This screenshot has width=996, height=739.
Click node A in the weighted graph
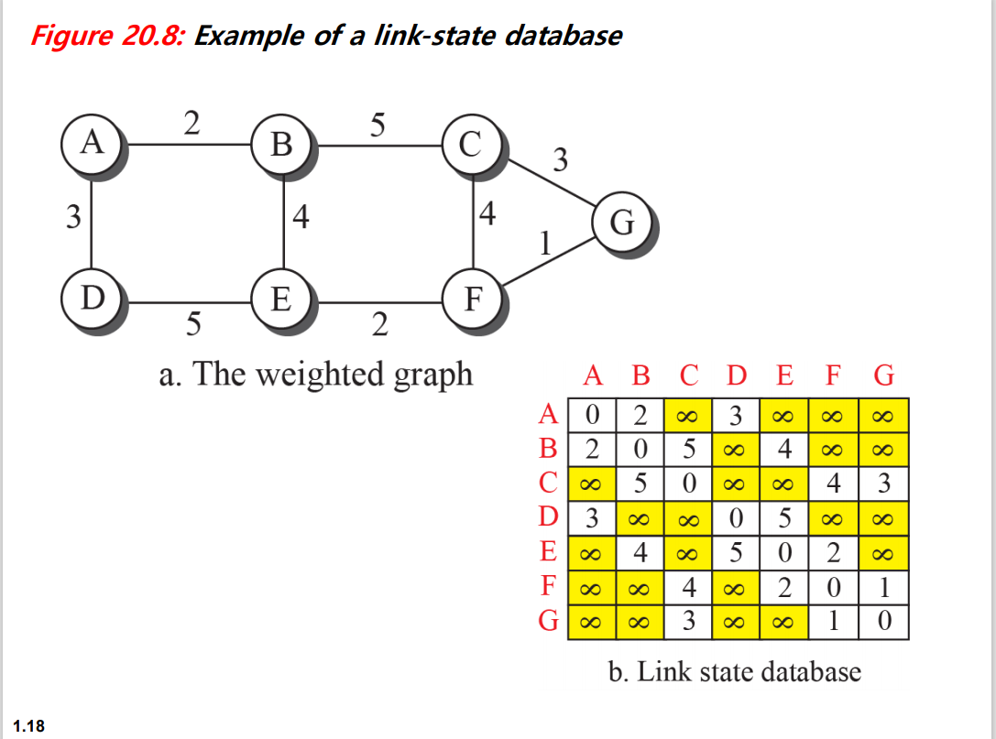(x=91, y=143)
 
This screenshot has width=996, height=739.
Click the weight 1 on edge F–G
(x=546, y=243)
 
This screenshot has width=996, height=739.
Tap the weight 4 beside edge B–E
(x=301, y=218)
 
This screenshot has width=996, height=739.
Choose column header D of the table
(x=736, y=376)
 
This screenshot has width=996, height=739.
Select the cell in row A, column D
(x=736, y=415)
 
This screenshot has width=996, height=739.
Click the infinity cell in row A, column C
(x=686, y=415)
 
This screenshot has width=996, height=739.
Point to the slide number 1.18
(x=29, y=726)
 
